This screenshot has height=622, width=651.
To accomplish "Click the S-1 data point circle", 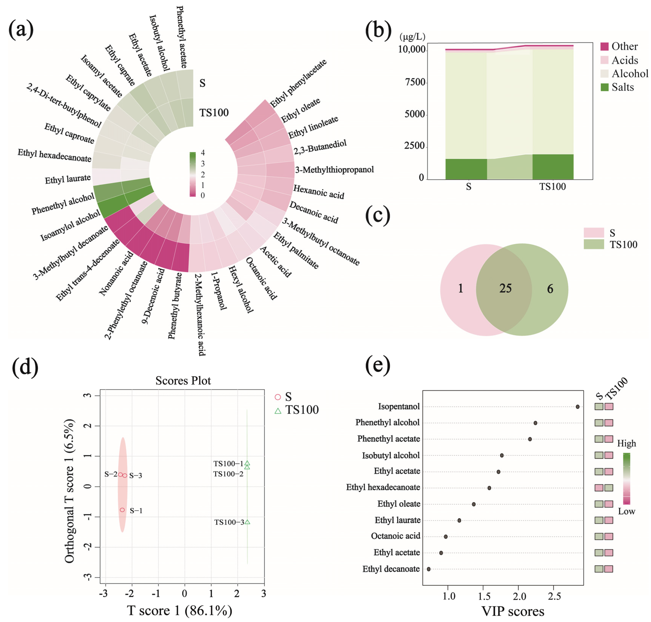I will tap(122, 510).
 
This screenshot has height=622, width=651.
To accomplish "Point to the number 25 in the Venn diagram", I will tap(505, 288).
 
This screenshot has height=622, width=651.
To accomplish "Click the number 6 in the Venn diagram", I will tap(550, 289).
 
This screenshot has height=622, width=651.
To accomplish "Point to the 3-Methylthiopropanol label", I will tap(334, 170).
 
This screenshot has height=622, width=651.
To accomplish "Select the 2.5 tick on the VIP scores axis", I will tap(554, 596).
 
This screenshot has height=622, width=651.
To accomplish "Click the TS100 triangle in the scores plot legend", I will tap(278, 411).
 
